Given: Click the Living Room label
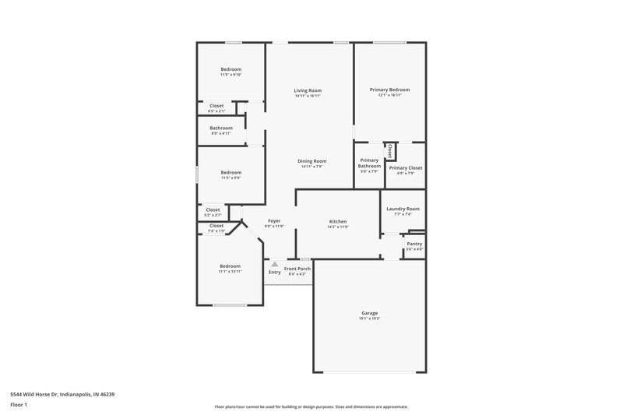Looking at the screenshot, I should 308,90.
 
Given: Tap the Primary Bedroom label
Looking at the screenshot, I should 389,90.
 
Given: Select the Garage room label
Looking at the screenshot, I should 369,313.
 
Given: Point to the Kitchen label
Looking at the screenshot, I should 337,221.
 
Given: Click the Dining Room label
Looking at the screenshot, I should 311,161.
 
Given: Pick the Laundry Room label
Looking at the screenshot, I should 403,209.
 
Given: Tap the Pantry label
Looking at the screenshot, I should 414,244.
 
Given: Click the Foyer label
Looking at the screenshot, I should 274,221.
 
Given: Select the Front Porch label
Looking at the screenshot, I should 297,269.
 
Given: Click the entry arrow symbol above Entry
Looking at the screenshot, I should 274,264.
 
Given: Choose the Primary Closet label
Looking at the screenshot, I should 405,167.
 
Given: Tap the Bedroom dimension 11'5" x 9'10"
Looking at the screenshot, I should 231,75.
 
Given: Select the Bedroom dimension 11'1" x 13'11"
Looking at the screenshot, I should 230,272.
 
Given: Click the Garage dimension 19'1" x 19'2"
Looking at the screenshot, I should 369,318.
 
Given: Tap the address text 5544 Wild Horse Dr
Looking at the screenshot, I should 60,395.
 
